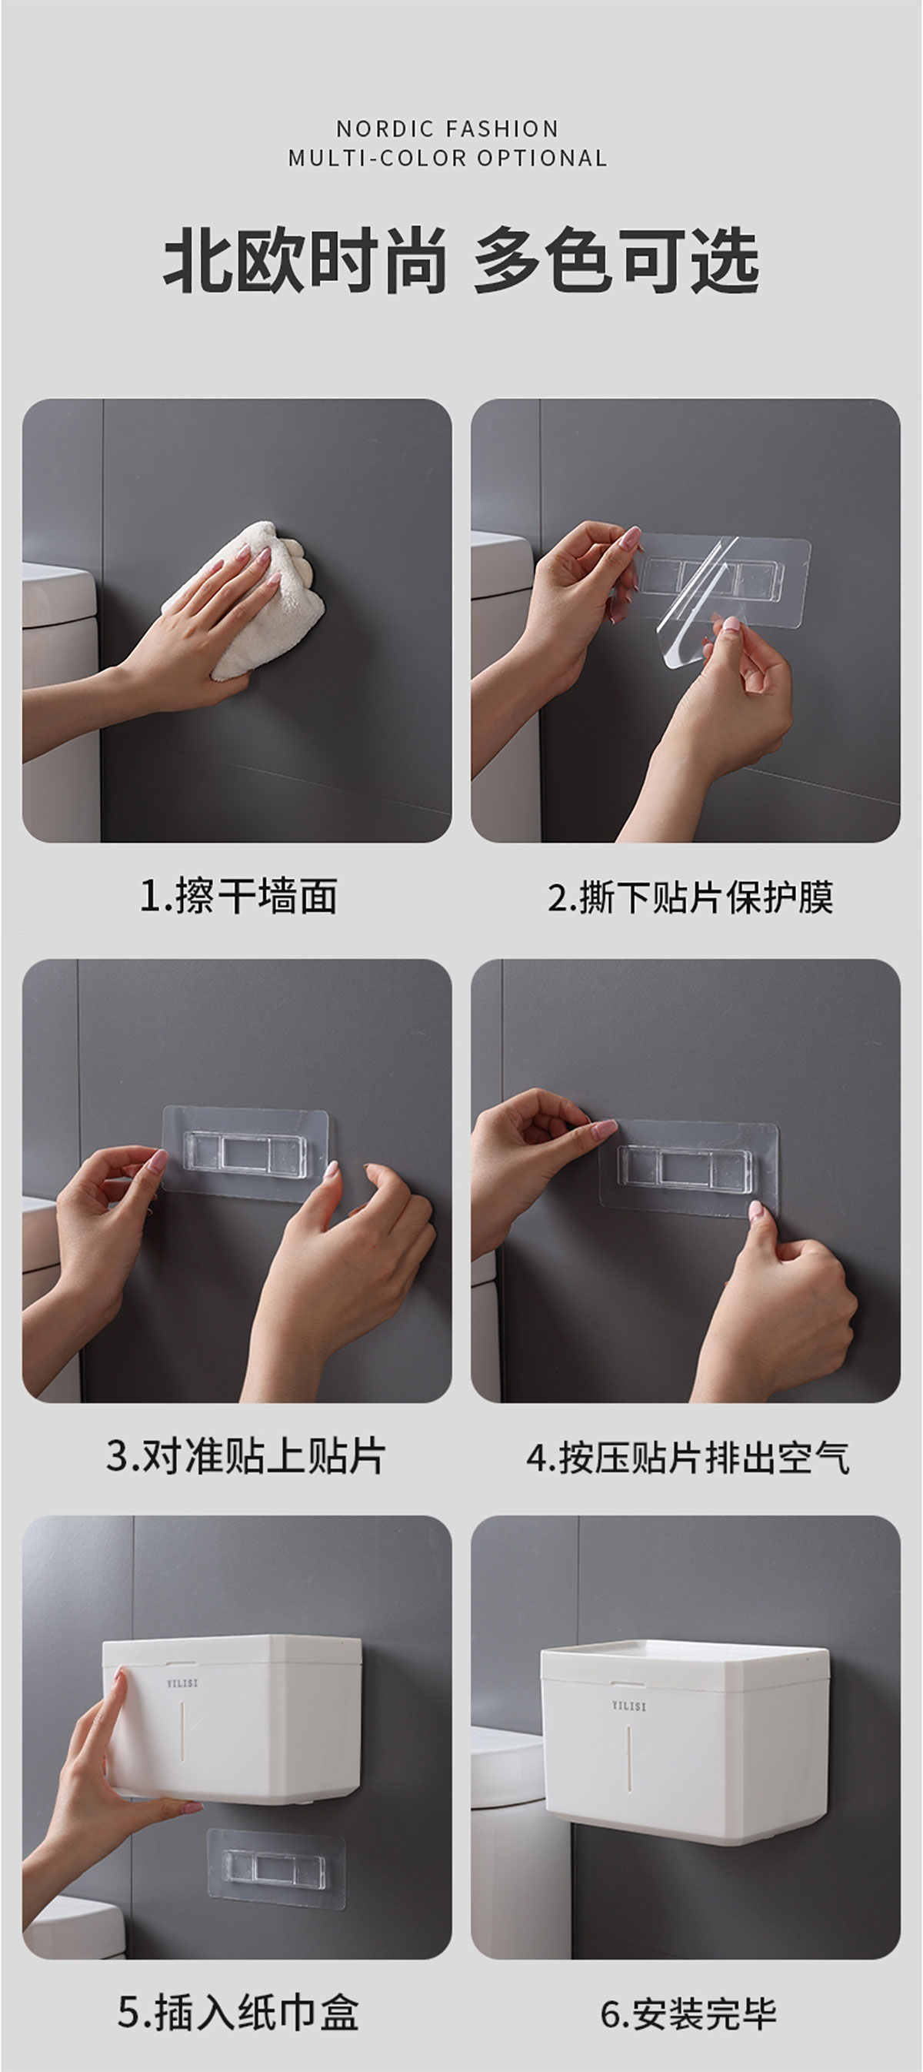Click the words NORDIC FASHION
click(x=447, y=129)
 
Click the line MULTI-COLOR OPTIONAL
click(x=447, y=158)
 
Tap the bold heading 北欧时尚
click(x=305, y=261)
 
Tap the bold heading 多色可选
click(x=616, y=261)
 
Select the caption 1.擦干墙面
click(x=238, y=896)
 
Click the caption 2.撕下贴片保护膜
click(x=690, y=896)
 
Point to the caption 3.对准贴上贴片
click(x=245, y=1456)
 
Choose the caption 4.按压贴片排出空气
click(x=688, y=1457)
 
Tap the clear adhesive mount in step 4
click(x=689, y=1167)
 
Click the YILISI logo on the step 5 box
click(x=182, y=1683)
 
